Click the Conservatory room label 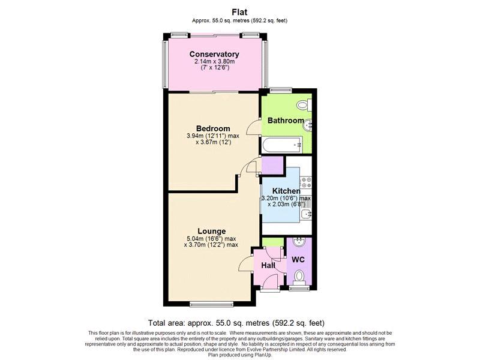214,54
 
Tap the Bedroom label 213,128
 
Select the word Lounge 212,232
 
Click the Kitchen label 286,191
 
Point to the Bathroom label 286,121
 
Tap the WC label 298,260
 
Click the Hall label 268,266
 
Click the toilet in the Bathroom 303,106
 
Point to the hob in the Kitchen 306,182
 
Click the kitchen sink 306,214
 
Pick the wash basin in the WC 298,242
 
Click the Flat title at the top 239,12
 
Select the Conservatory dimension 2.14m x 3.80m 215,62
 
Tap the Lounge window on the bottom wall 212,304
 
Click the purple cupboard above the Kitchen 272,166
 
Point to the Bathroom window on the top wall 281,89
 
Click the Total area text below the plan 236,323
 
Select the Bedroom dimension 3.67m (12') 214,142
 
